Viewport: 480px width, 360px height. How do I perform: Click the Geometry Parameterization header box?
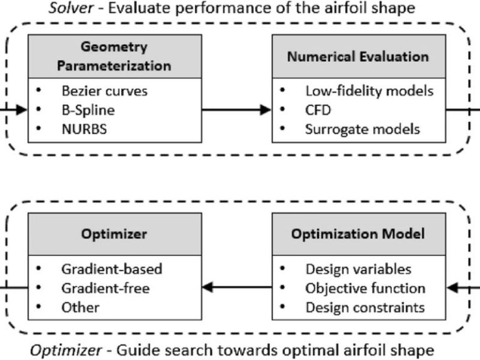click(x=115, y=56)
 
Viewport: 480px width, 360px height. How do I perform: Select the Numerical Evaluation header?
click(x=359, y=56)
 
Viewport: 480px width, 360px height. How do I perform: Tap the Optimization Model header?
click(x=359, y=234)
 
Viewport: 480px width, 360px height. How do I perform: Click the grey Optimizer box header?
click(x=115, y=234)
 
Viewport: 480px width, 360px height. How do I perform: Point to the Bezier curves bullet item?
click(x=104, y=91)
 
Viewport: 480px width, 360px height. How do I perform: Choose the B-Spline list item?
click(x=88, y=110)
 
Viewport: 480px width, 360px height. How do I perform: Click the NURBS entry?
click(x=84, y=129)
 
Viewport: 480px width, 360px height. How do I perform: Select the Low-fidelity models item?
click(x=369, y=91)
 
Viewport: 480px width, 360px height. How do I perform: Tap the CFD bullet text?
click(x=318, y=110)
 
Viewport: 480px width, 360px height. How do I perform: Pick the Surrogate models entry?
click(x=362, y=129)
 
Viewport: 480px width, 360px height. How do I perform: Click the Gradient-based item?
click(x=112, y=269)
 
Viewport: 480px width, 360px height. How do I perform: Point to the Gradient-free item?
click(x=106, y=288)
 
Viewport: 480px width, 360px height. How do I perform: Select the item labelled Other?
click(x=81, y=307)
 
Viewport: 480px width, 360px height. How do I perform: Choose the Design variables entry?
click(x=358, y=269)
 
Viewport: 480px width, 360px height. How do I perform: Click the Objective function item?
click(x=365, y=288)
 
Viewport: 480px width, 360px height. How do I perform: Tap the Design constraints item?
click(x=365, y=307)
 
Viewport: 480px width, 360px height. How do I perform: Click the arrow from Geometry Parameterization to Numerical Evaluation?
click(x=237, y=109)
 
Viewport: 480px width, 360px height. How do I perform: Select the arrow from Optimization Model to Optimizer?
click(x=237, y=287)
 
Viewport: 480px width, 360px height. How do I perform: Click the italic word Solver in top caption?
click(x=71, y=8)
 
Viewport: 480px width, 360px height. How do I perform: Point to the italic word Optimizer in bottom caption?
click(x=66, y=350)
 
